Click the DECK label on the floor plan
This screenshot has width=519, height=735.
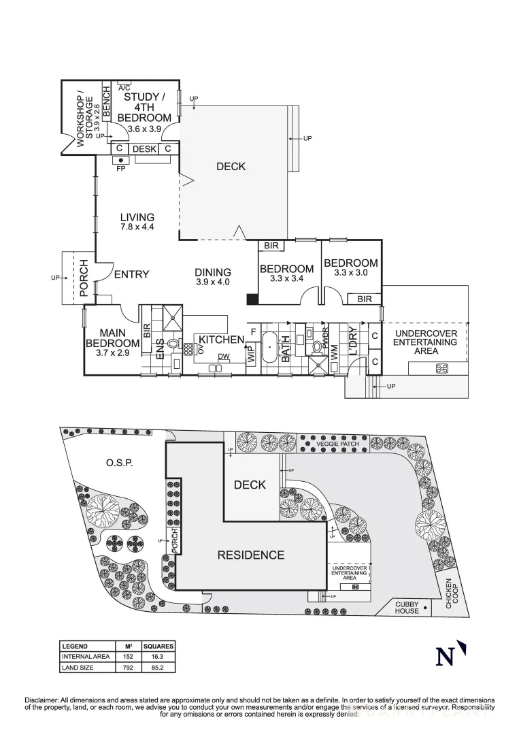230,166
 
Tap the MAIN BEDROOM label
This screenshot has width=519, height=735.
112,338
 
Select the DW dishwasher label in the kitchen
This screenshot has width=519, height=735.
223,357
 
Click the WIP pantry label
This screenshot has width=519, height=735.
250,353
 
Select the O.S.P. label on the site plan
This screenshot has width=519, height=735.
118,463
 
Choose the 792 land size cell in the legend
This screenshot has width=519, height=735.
127,668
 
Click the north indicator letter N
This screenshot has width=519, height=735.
446,656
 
